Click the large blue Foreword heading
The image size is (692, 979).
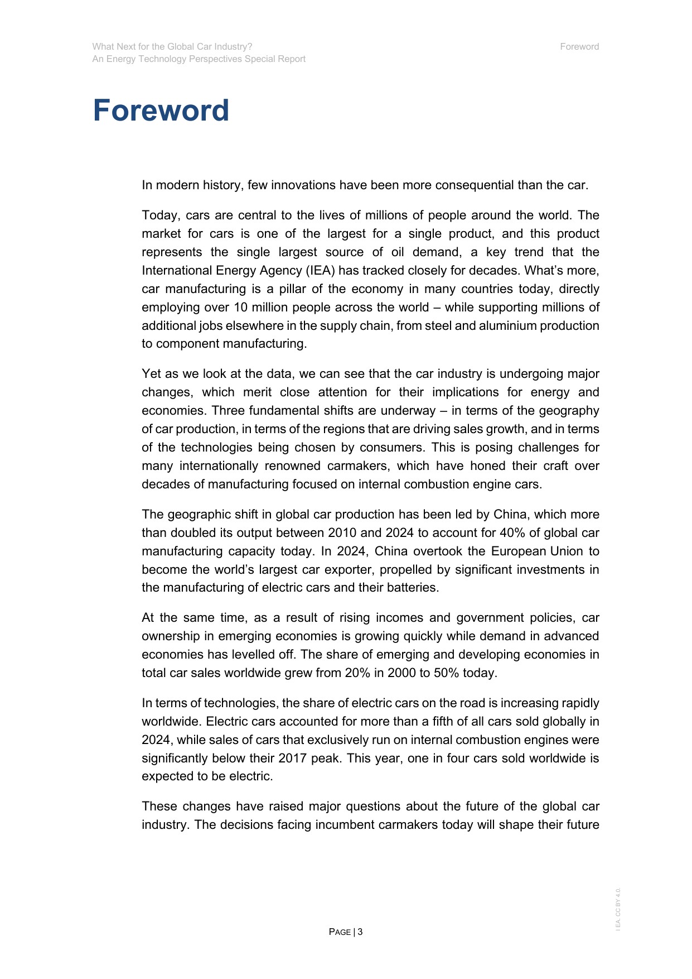pyautogui.click(x=161, y=111)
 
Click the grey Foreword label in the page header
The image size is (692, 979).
pyautogui.click(x=579, y=47)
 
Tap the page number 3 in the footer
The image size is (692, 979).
pyautogui.click(x=360, y=932)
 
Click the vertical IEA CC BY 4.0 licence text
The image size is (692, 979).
pyautogui.click(x=618, y=909)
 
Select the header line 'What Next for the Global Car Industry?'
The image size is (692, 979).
pyautogui.click(x=172, y=47)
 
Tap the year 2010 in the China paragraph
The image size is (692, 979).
pyautogui.click(x=342, y=533)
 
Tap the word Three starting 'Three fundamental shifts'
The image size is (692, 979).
pyautogui.click(x=228, y=411)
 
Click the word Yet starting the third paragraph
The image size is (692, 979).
pyautogui.click(x=151, y=374)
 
